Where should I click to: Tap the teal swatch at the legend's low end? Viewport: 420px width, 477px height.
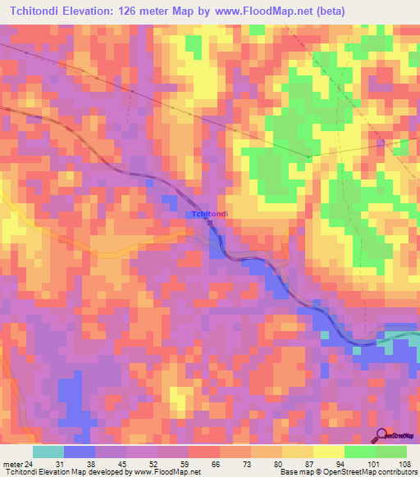point(48,452)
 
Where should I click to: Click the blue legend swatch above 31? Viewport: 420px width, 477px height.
point(79,452)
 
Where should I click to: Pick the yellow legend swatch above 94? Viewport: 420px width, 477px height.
point(328,452)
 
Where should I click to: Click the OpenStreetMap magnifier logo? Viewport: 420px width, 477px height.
point(380,435)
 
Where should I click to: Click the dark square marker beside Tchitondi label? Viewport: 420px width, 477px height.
point(211,222)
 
